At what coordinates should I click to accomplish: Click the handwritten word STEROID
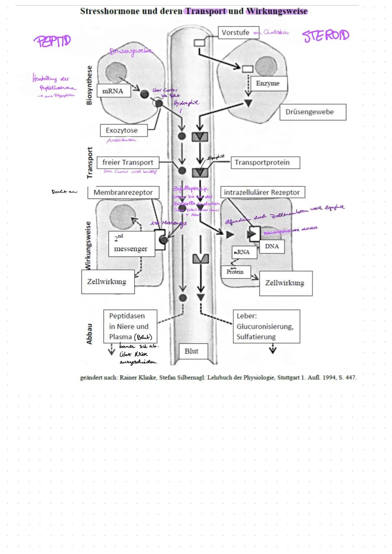326,36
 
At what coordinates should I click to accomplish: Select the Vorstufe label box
235,33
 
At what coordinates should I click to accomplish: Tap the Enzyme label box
268,83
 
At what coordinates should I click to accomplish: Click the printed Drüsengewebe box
313,112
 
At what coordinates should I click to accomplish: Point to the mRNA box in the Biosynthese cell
113,91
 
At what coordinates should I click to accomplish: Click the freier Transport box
128,162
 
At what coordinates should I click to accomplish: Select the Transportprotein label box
265,162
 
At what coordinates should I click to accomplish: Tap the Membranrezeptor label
123,193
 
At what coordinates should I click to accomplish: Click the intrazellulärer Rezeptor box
262,192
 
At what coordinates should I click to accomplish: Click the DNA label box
271,246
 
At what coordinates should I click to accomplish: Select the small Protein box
235,272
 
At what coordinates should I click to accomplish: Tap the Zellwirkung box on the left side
107,282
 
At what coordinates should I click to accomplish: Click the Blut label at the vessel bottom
191,351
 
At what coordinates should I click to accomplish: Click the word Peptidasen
127,316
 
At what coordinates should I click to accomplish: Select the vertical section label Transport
90,162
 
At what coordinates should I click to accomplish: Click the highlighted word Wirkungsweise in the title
277,11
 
